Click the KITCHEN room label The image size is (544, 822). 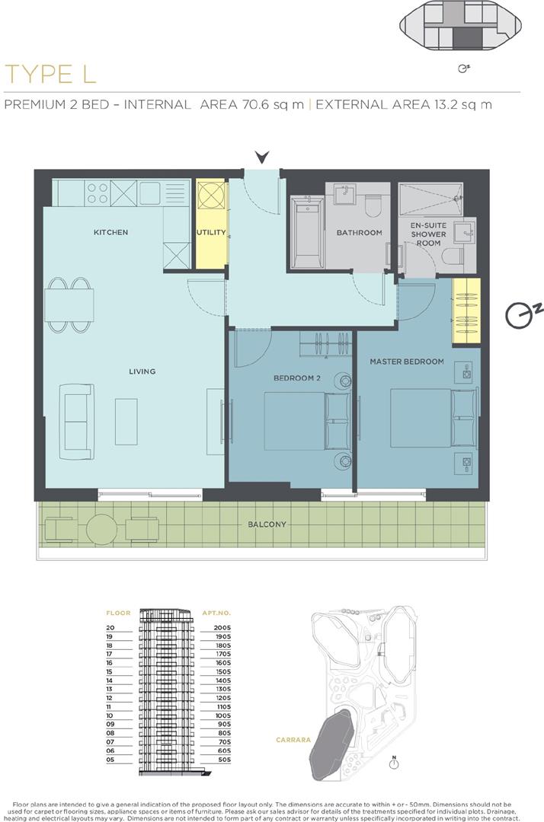110,232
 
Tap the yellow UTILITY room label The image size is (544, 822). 211,232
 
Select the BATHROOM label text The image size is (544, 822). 360,232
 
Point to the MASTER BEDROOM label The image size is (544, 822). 407,362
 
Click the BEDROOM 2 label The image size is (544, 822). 297,378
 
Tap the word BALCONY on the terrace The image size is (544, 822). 267,524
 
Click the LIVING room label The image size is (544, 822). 142,371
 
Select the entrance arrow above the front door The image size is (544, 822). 262,156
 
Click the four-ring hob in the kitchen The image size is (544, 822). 98,193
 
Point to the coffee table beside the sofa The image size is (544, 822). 126,422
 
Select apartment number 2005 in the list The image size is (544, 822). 222,627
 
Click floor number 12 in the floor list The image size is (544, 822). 110,698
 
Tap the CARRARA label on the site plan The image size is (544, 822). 293,740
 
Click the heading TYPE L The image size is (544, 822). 50,74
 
